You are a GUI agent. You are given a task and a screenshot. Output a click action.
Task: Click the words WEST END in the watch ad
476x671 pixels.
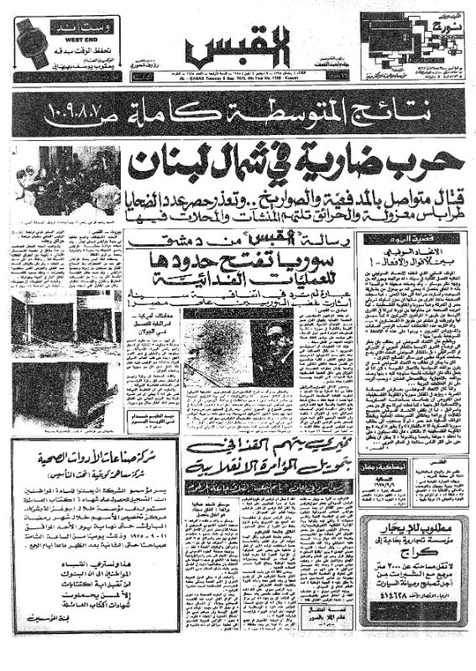point(76,38)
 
